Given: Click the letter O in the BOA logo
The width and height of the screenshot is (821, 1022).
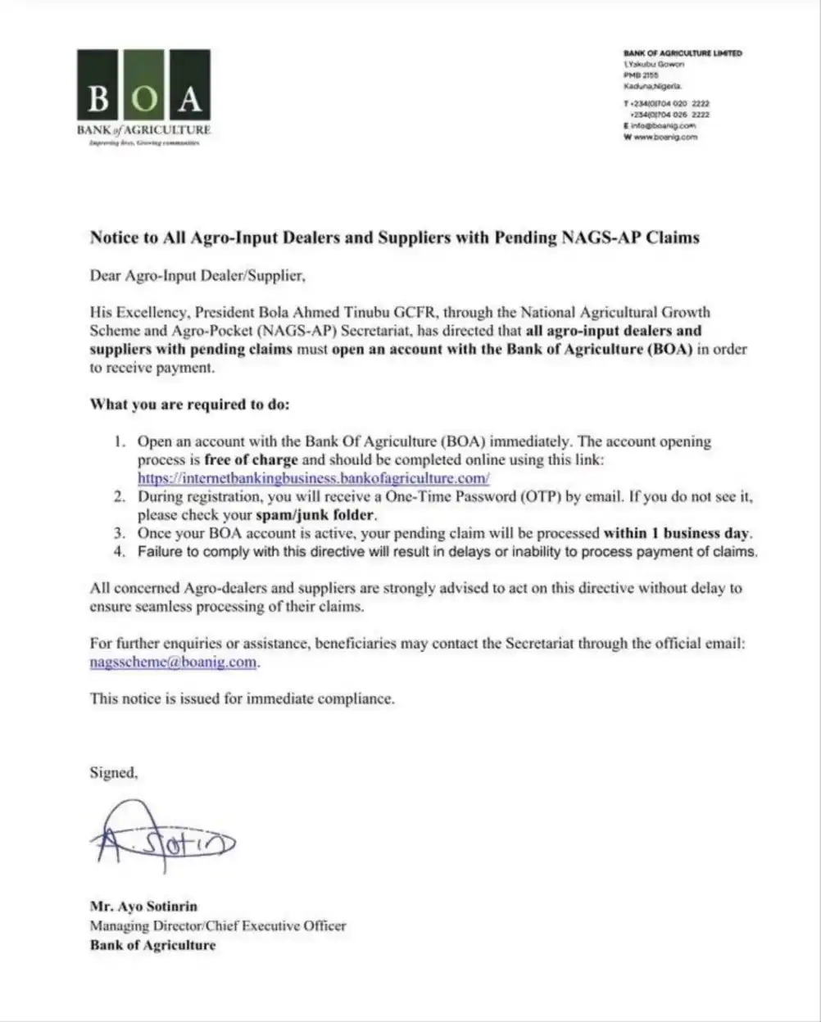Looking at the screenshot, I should pos(143,98).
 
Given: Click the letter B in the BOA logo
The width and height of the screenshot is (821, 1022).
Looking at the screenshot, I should pos(98,98).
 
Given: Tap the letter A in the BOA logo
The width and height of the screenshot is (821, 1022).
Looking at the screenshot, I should pos(190,98).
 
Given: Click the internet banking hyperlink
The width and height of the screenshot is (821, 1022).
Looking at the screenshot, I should pos(313,478).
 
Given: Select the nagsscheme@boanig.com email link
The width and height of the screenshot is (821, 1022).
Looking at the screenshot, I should pos(174,662).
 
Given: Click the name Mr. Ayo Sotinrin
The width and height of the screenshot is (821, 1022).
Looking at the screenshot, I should pos(143,907).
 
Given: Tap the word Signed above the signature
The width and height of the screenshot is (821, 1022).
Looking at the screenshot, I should pos(113,772).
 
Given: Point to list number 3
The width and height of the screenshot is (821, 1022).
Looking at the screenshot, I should pos(120,534).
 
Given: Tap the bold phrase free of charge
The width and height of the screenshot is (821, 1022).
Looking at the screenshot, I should pos(251,460).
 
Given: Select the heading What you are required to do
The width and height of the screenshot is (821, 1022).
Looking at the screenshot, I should pos(189,405).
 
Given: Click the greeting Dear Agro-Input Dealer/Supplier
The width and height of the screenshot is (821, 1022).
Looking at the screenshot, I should pos(197,276).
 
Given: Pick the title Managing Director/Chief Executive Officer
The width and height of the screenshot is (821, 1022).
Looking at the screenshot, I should pos(217,926).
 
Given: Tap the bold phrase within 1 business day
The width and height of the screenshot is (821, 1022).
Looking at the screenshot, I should pos(677,534).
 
